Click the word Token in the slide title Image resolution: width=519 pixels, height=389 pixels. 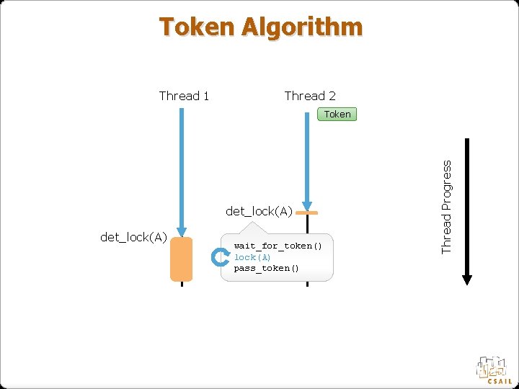click(x=197, y=27)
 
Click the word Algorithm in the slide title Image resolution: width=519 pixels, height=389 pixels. click(x=302, y=27)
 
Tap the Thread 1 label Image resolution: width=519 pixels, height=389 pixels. click(x=184, y=96)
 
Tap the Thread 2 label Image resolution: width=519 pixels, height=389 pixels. click(x=310, y=96)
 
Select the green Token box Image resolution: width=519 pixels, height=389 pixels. click(x=337, y=114)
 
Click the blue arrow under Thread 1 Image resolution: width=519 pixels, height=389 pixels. click(x=182, y=173)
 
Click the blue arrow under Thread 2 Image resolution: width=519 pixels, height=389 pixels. click(x=307, y=158)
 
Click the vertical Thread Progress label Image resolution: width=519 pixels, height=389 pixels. click(x=447, y=207)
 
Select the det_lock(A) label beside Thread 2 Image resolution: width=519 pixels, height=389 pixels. click(x=259, y=211)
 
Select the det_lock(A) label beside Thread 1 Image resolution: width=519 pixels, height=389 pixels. click(x=134, y=238)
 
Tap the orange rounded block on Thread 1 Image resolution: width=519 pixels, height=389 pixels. click(x=182, y=259)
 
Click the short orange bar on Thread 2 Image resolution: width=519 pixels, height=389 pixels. click(x=307, y=214)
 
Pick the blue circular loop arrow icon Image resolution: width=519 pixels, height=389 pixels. click(x=220, y=257)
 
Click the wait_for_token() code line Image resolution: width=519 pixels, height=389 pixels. click(x=278, y=246)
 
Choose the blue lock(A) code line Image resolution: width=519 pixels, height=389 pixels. click(x=252, y=257)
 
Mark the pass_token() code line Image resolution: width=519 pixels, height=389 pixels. click(x=266, y=269)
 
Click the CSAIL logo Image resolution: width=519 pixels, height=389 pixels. click(x=494, y=370)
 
